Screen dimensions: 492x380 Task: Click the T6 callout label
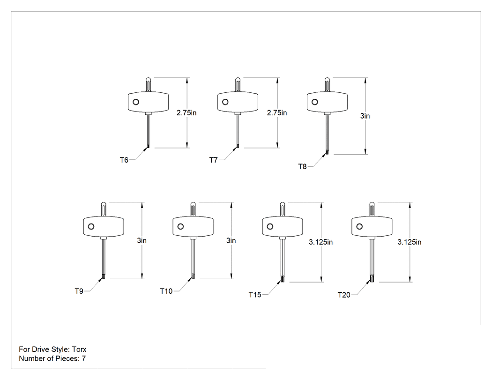(124, 160)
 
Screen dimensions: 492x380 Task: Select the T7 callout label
(213, 160)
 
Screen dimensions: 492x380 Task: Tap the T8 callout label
(302, 167)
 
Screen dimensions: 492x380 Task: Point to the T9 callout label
(79, 291)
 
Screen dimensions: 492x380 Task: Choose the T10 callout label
(166, 291)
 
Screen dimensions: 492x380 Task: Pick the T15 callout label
(255, 295)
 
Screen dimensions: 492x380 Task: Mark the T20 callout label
(344, 295)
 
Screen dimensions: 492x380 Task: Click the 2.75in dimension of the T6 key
(186, 112)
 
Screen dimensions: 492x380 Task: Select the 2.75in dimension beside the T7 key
(277, 112)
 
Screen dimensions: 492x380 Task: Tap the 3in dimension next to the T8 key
(365, 116)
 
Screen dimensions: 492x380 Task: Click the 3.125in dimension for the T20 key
(410, 242)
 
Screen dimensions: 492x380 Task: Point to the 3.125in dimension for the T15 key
(321, 242)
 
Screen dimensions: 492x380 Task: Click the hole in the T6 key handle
(136, 102)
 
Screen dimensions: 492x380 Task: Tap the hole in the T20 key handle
(359, 227)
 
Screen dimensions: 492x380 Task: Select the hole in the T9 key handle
(91, 227)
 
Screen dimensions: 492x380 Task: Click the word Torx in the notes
(79, 349)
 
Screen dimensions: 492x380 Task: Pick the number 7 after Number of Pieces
(84, 358)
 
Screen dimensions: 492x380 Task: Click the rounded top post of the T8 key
(327, 85)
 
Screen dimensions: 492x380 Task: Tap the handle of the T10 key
(193, 226)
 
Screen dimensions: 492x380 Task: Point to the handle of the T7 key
(238, 102)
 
